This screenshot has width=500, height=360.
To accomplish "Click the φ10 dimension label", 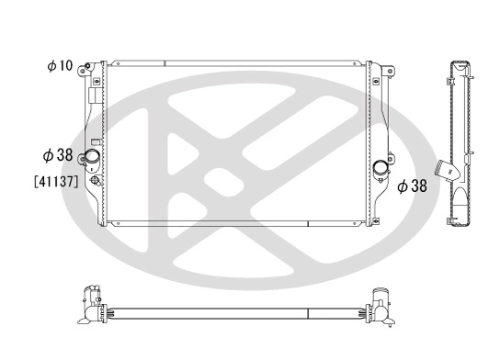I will click(61, 66).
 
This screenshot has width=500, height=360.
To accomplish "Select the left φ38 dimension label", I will click(58, 155).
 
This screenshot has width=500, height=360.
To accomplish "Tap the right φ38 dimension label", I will click(414, 186).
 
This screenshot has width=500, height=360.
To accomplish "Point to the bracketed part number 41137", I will click(54, 181).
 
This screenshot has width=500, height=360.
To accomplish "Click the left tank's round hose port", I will click(93, 163).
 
